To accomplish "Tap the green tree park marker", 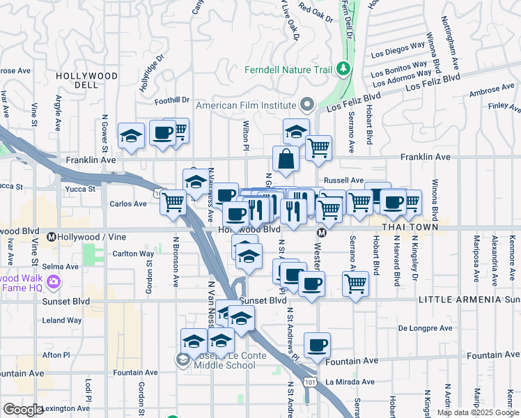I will pos(343,69).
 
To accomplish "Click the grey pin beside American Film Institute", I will pos(307,106).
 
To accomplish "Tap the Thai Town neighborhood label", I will pos(411,227).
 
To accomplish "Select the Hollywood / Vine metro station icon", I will pos(52,238).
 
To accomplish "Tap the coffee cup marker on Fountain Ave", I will pos(317,346).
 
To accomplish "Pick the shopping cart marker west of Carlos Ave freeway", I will pos(173,203).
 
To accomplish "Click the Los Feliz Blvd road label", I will pos(433,83).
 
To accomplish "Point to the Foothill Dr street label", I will pos(172,101).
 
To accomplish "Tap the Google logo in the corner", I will pos(23,409).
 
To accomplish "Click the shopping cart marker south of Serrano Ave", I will pos(355,284).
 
